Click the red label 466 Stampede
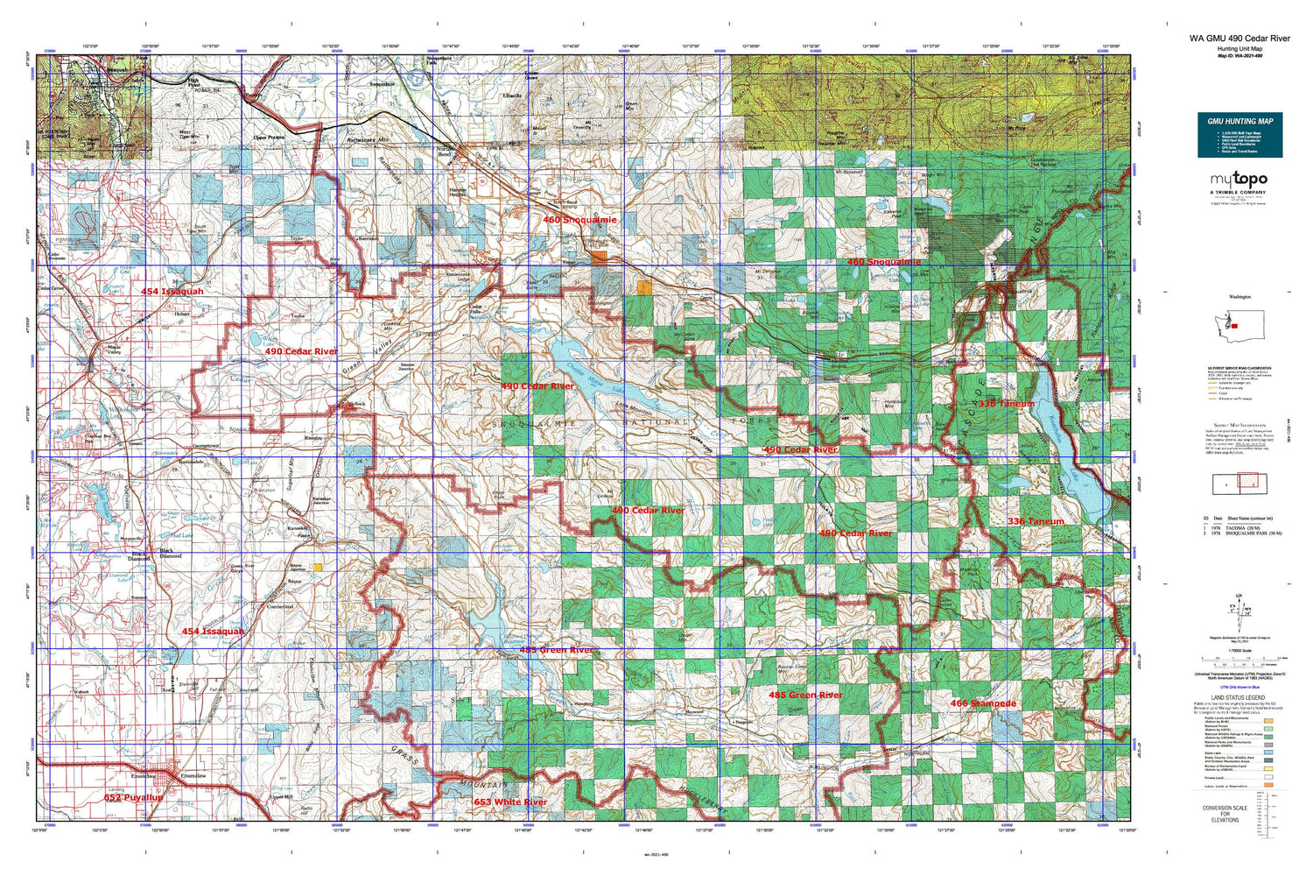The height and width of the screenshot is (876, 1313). click(x=984, y=703)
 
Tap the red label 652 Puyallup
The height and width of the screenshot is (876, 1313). click(x=133, y=798)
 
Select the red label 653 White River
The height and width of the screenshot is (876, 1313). click(x=510, y=802)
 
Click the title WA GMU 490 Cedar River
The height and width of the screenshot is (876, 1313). click(x=1239, y=39)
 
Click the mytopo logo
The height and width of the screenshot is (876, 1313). click(x=1239, y=180)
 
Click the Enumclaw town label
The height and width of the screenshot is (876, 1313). click(x=193, y=776)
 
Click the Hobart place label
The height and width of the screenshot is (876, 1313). click(x=182, y=314)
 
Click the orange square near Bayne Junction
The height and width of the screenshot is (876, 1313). click(x=318, y=568)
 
